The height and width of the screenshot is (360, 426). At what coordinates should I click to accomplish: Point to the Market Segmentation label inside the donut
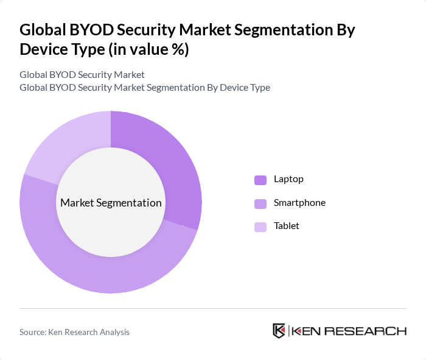pos(111,203)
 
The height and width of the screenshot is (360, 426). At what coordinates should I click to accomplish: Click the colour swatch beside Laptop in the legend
pos(260,180)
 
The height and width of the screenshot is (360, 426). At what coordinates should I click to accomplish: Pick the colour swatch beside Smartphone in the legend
pos(260,203)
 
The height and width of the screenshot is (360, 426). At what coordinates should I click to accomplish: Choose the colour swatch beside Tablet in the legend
pos(260,227)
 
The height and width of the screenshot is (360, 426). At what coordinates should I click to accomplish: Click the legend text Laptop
pos(288,179)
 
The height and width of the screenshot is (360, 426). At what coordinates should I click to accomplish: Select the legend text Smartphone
pos(299,203)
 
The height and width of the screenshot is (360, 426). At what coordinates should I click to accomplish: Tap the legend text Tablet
pos(287,226)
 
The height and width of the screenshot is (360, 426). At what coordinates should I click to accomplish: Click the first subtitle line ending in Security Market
pos(82,75)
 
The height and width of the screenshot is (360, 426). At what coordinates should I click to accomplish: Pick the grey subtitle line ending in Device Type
pos(145,88)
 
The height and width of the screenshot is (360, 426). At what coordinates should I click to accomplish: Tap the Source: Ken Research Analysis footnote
pos(74,332)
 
